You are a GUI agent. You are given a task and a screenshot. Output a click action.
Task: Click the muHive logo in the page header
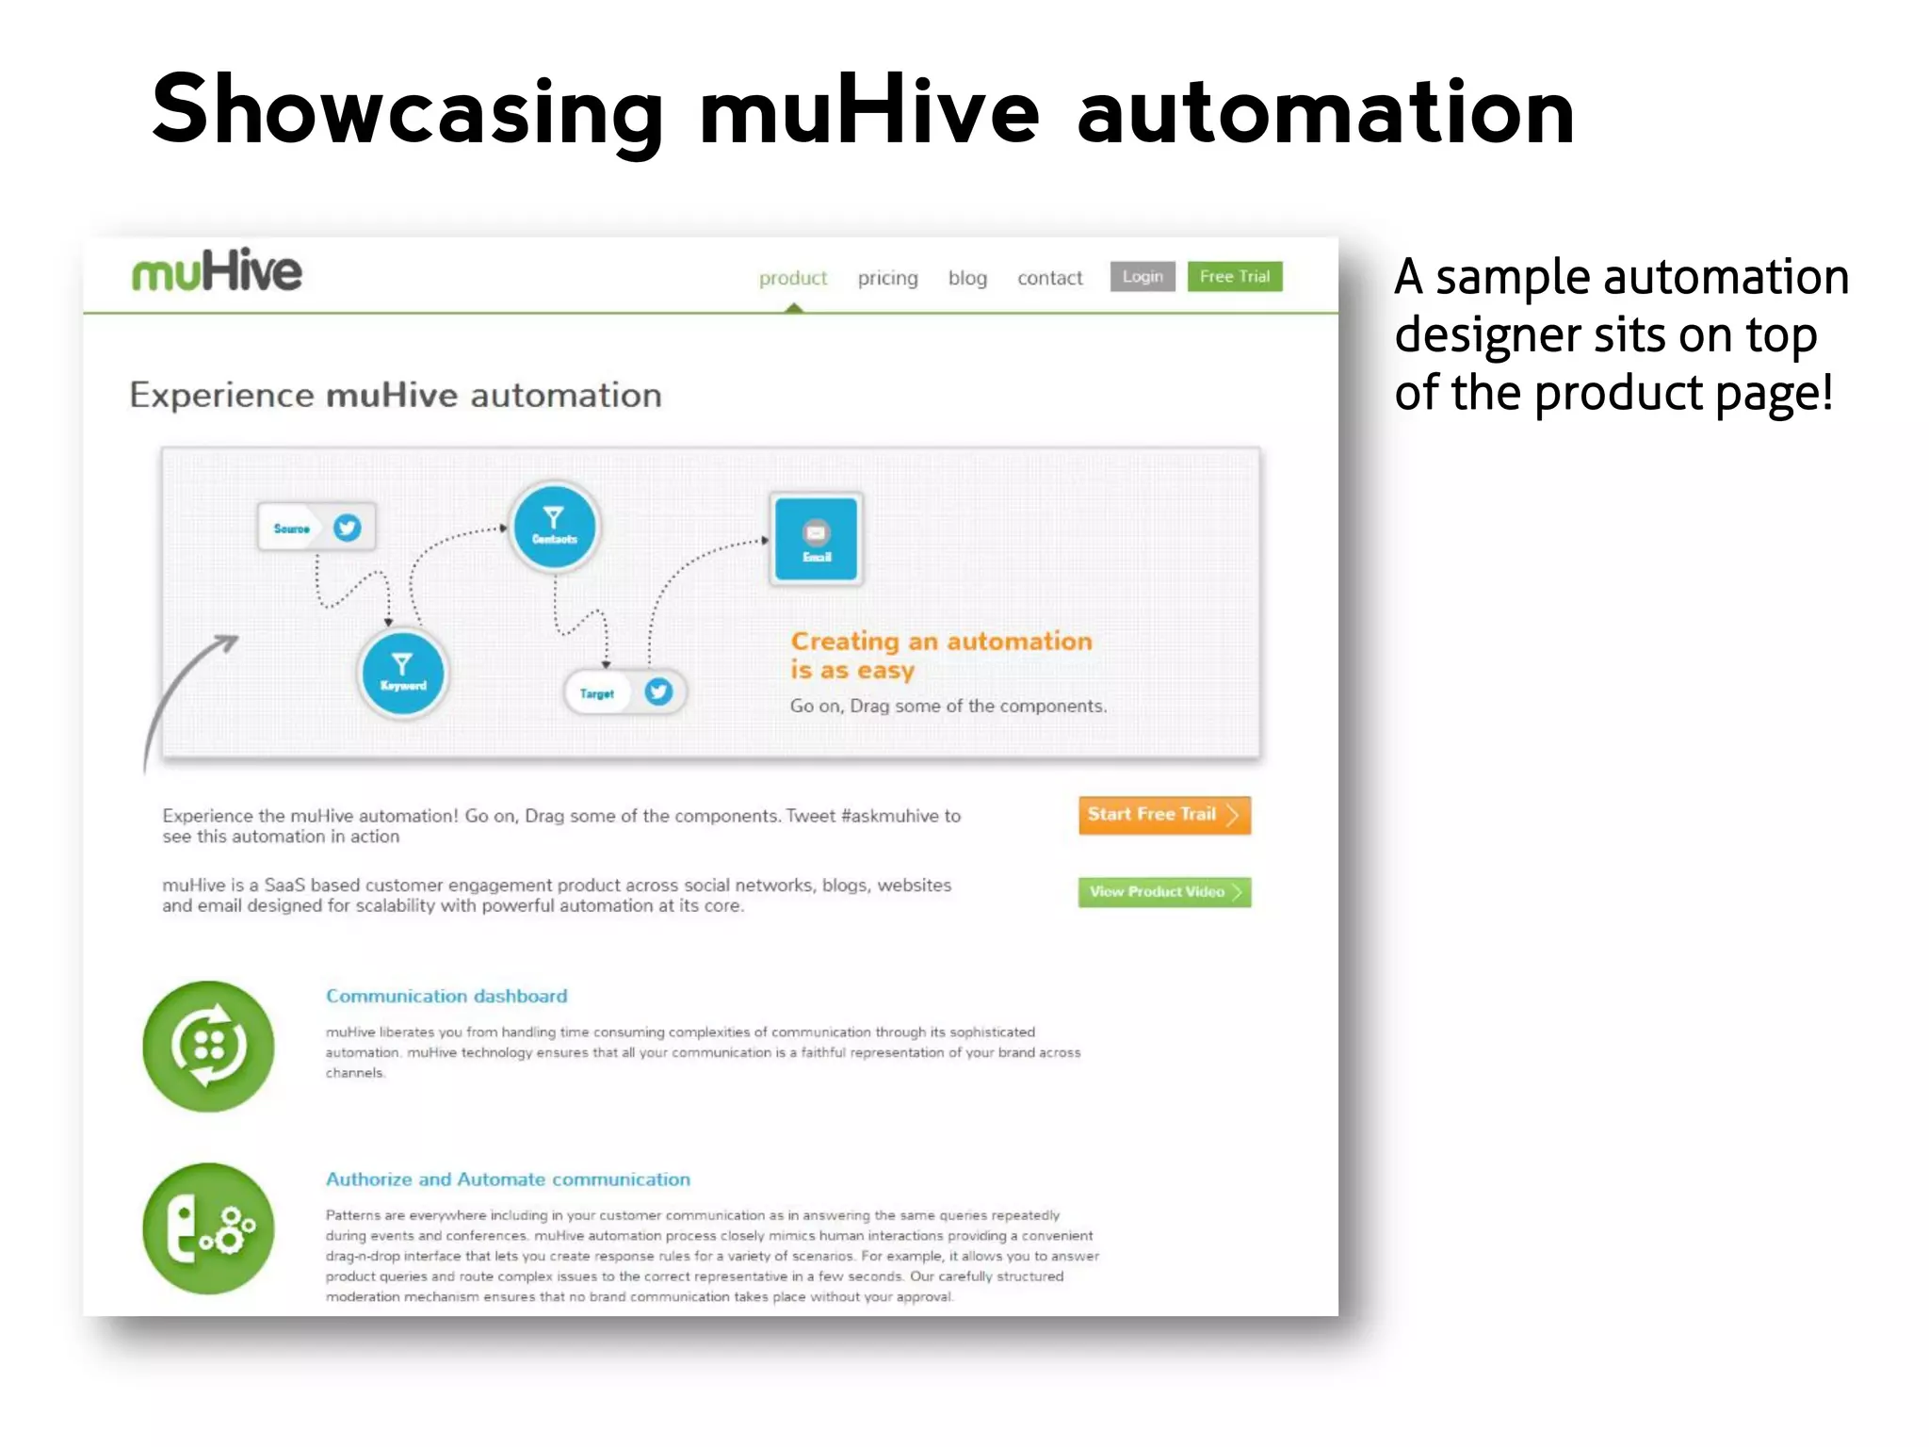[217, 271]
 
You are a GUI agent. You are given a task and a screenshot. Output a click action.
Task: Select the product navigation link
[792, 278]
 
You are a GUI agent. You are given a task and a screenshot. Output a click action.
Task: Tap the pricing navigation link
[887, 278]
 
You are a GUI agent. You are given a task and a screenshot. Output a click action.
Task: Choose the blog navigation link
[967, 278]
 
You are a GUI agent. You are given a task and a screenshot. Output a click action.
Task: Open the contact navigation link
[1049, 278]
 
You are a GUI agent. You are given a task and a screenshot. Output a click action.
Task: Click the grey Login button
[1142, 276]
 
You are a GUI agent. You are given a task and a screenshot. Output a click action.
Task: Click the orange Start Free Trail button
[1163, 815]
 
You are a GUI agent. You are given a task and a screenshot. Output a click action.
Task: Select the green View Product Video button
[1163, 891]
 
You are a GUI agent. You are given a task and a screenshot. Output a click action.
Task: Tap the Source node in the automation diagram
[316, 528]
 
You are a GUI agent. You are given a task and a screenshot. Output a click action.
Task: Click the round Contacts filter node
[554, 526]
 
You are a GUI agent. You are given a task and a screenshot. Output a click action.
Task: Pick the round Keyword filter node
[403, 673]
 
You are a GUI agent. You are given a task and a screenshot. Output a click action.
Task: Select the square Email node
[816, 539]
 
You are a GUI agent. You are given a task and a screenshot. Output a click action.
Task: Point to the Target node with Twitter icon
[624, 692]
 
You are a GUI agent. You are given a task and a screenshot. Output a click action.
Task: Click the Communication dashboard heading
[446, 996]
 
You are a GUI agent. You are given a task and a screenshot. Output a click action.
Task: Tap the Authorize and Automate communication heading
[508, 1179]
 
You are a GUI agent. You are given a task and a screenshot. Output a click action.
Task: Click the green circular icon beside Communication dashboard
[208, 1046]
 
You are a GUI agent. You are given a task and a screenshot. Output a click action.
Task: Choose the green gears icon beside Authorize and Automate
[208, 1228]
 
